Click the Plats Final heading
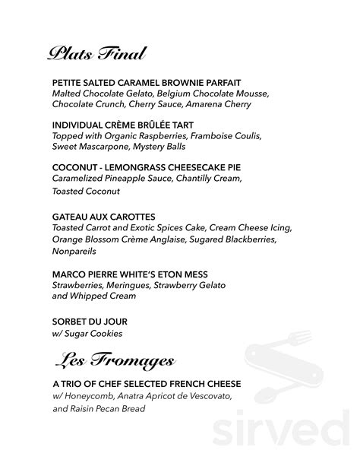(x=96, y=53)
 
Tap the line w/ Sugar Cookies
(x=87, y=333)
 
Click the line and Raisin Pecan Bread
(x=99, y=409)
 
